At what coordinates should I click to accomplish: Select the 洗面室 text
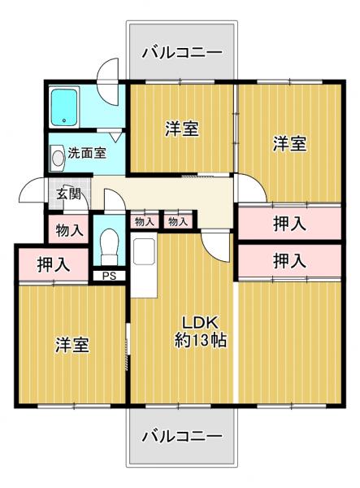coord(86,153)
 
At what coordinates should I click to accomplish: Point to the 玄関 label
coord(68,194)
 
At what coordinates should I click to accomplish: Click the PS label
coord(108,276)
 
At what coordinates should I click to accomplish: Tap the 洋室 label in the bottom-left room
coord(72,344)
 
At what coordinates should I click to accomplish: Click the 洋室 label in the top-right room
coord(288,144)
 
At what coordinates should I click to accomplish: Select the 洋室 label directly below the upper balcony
coord(182,129)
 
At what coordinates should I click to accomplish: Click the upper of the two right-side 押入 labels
coord(289,223)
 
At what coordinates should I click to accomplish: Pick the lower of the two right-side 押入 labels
coord(289,261)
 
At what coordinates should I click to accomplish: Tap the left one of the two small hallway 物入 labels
coord(144,221)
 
